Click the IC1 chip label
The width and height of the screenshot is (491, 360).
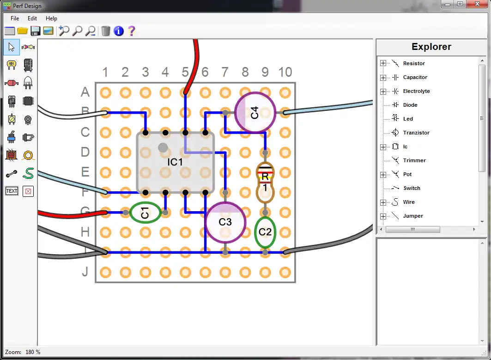[x=175, y=162]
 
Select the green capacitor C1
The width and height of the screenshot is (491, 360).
[x=145, y=213]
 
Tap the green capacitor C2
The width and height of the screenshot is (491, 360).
[x=265, y=232]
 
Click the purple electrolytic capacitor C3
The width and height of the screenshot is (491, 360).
[x=225, y=222]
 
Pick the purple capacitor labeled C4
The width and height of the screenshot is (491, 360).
[x=255, y=112]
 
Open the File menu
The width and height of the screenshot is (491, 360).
[x=15, y=18]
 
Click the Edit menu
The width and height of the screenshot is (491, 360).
[x=32, y=18]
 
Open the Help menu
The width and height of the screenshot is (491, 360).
[x=51, y=18]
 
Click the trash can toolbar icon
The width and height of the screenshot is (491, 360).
[x=106, y=31]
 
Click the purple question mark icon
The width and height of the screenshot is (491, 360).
[x=132, y=31]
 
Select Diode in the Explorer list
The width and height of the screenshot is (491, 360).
[x=410, y=105]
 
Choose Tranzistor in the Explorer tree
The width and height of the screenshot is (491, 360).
[x=416, y=133]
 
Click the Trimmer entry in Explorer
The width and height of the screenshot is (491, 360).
[x=414, y=160]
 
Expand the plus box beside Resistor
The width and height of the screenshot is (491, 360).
[x=383, y=63]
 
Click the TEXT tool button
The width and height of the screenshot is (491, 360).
[x=12, y=191]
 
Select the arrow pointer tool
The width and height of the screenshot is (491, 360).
[x=12, y=47]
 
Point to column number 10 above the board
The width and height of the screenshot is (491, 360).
[x=285, y=72]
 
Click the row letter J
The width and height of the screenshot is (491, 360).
[x=85, y=272]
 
